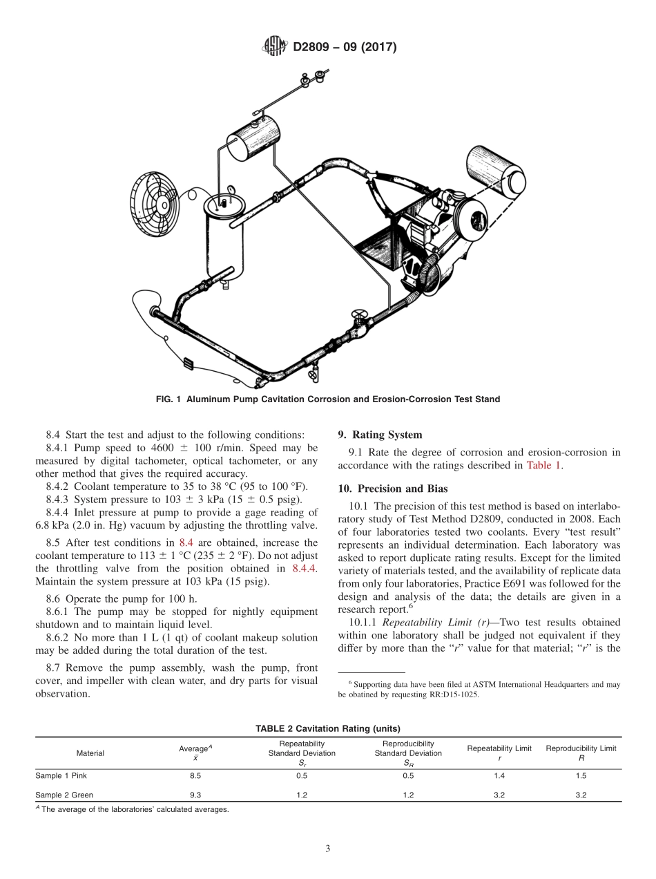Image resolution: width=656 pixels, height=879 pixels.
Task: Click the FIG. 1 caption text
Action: [x=328, y=399]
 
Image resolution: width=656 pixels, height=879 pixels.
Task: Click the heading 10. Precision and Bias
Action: [x=392, y=489]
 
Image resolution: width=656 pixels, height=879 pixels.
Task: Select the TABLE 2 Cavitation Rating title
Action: [x=328, y=728]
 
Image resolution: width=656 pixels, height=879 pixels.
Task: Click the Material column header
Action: [x=90, y=753]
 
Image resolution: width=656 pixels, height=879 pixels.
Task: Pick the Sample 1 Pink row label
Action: [x=61, y=776]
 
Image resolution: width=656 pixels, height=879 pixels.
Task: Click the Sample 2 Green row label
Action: [x=64, y=795]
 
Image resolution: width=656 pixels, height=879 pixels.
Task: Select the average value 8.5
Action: [x=195, y=776]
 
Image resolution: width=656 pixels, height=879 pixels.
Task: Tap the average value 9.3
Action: [x=195, y=795]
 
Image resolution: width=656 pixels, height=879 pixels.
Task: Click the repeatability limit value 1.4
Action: [x=499, y=776]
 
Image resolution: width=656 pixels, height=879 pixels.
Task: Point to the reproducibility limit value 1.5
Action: [x=581, y=776]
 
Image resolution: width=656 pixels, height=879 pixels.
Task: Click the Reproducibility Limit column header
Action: [x=581, y=748]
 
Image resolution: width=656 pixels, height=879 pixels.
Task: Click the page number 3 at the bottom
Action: [x=328, y=849]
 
